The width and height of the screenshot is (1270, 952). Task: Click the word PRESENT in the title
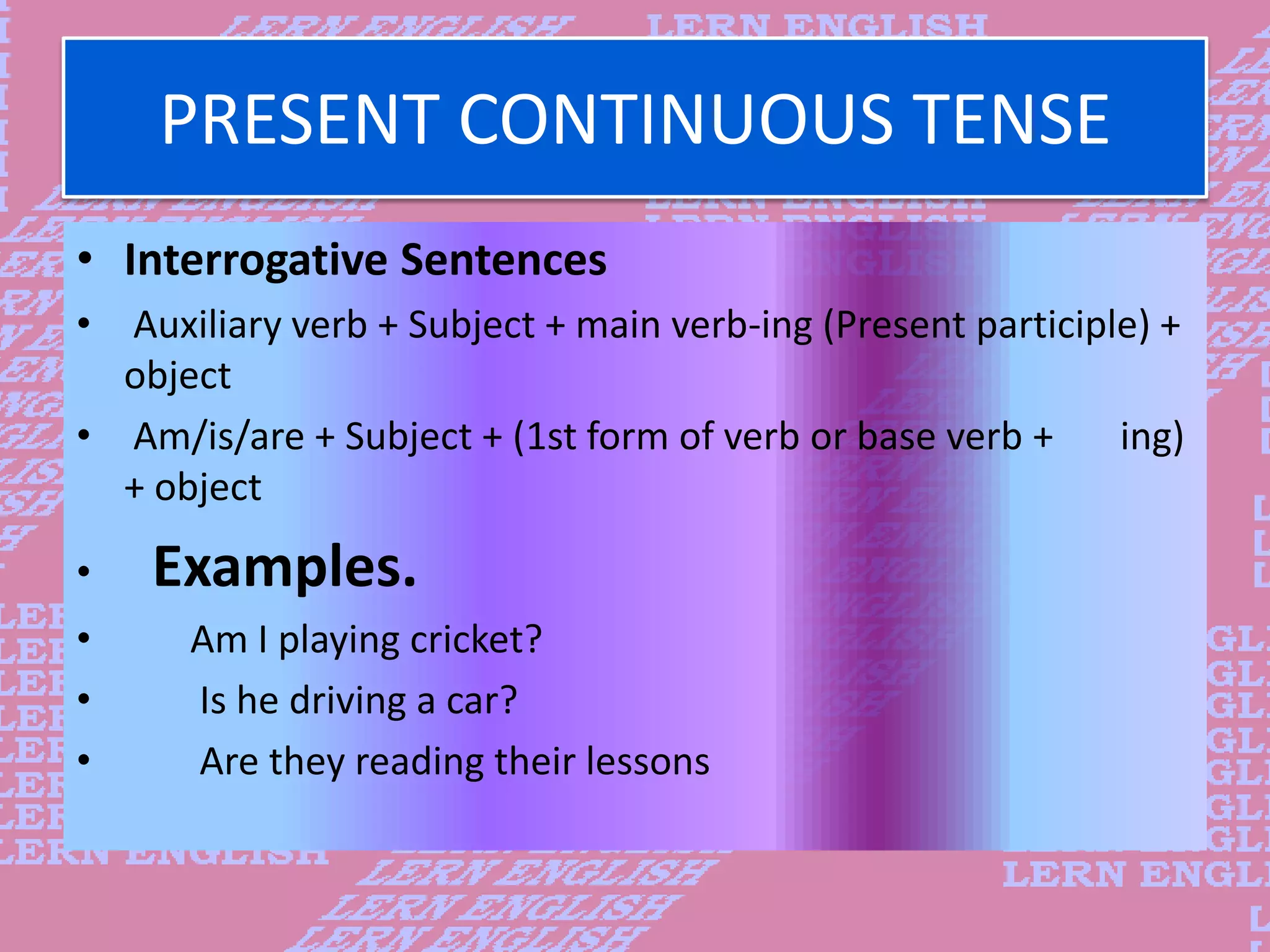(x=301, y=119)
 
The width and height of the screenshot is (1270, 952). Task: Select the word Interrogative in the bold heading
(x=256, y=260)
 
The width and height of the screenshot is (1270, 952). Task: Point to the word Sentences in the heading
(x=504, y=260)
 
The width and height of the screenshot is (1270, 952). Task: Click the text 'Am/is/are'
(x=219, y=436)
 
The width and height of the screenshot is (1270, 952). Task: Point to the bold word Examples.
(x=285, y=566)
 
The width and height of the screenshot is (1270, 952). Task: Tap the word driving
(x=348, y=700)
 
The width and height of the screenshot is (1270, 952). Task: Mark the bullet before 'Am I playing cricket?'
(x=84, y=638)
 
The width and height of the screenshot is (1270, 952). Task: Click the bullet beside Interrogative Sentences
(x=85, y=259)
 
